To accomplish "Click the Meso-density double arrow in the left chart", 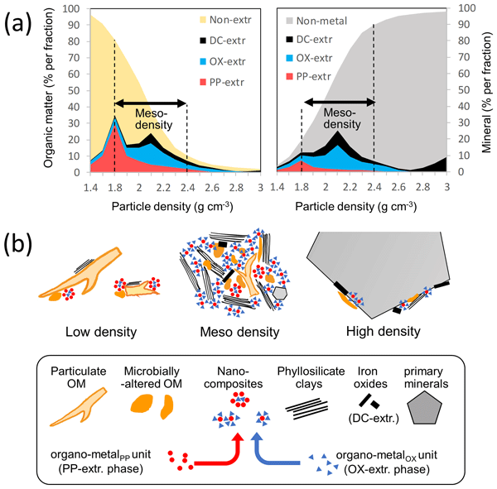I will click(150, 103).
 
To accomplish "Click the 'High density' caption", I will click(380, 331).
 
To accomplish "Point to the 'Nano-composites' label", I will click(234, 373).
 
